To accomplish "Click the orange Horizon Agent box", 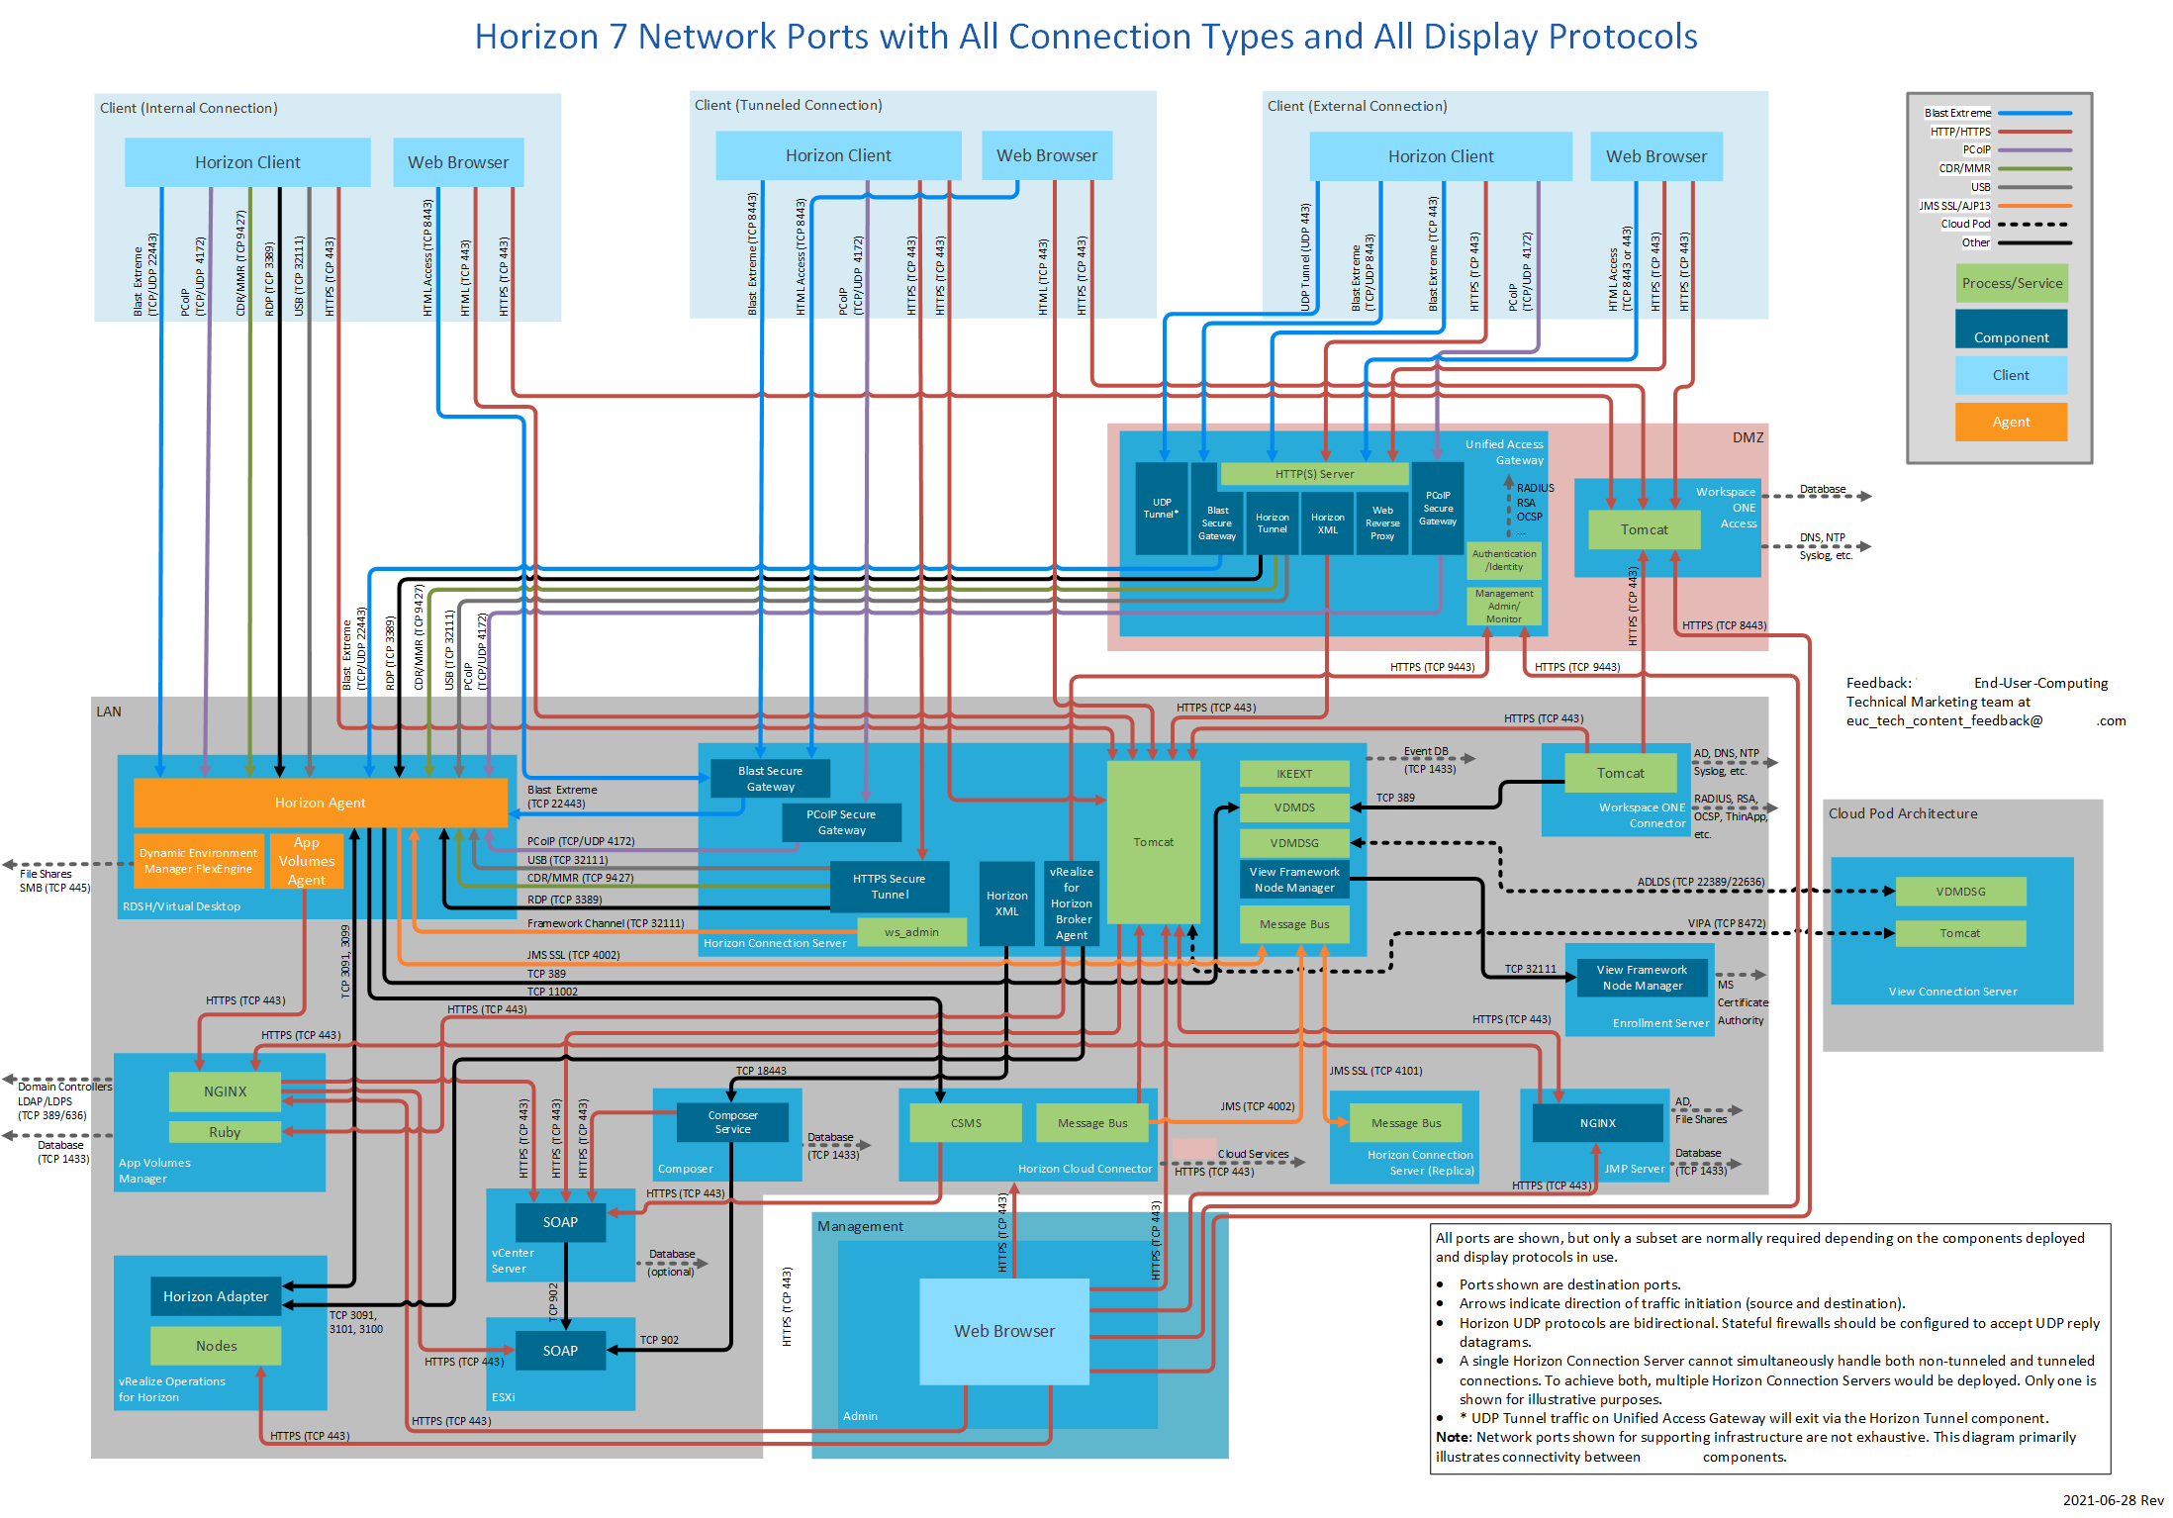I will [x=320, y=803].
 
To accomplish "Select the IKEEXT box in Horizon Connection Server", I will [x=1293, y=774].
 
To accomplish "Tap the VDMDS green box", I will [x=1293, y=807].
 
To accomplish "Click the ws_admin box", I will [x=911, y=932].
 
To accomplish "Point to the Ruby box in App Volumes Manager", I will [x=225, y=1132].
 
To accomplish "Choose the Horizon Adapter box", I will [x=216, y=1296].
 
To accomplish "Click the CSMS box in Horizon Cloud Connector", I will [x=966, y=1123].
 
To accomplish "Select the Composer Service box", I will [x=732, y=1122].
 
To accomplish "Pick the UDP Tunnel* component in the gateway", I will [x=1161, y=508].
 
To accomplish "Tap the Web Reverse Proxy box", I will [x=1382, y=523].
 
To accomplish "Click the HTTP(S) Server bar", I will [x=1314, y=474].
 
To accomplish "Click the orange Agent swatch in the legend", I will [x=2011, y=422].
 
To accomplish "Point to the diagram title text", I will [x=1086, y=37].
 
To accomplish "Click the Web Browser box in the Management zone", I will [x=1004, y=1331].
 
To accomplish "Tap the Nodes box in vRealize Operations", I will [x=216, y=1346].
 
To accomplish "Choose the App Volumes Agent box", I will [x=307, y=861].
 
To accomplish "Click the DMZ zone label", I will [x=1748, y=437].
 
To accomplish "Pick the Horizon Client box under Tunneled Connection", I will [x=838, y=155].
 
